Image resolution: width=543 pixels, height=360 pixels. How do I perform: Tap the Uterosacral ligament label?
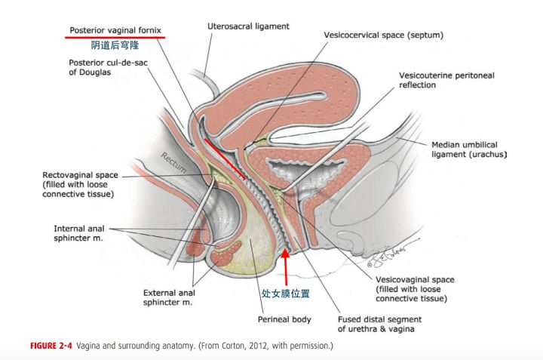[x=248, y=26]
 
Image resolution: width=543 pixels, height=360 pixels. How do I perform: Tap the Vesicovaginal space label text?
[x=417, y=289]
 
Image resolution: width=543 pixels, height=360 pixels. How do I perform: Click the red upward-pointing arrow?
[x=286, y=268]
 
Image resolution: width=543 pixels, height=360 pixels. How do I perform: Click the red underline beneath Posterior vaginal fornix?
[x=114, y=37]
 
